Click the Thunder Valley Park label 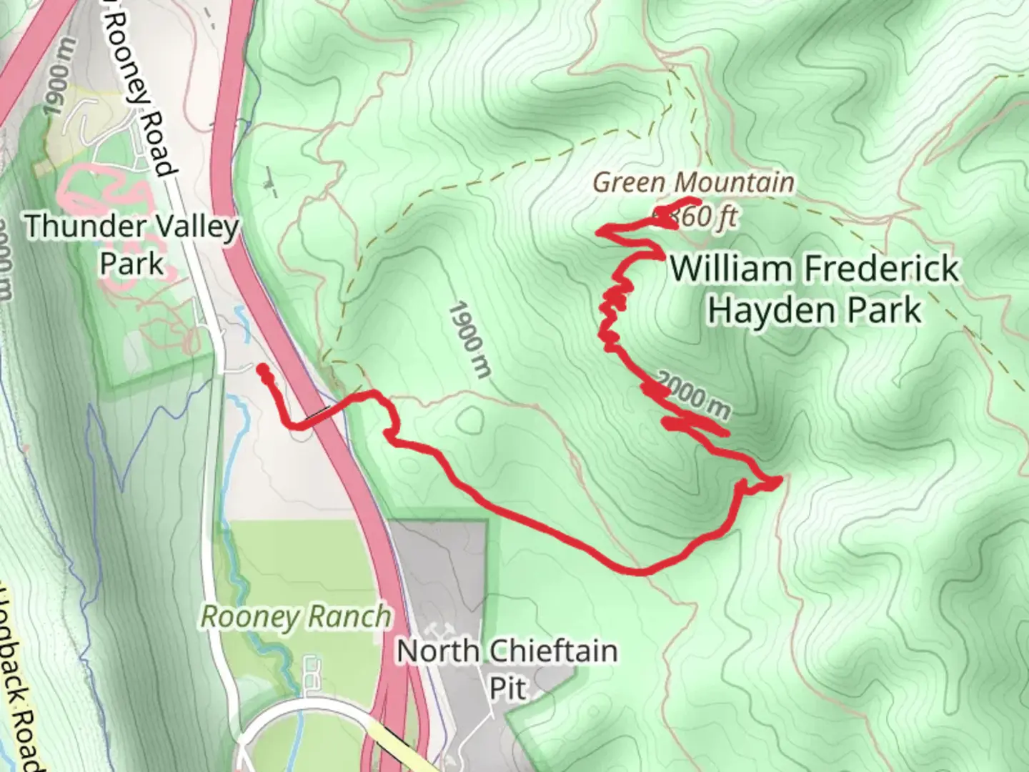132,245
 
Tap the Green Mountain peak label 693,183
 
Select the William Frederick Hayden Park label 815,289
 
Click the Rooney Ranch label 297,616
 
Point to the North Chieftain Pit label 507,669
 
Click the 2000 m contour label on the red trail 692,395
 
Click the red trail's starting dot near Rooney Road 263,370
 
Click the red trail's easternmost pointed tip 782,477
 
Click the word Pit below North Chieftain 508,688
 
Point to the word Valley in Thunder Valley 193,227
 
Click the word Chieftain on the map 553,651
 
